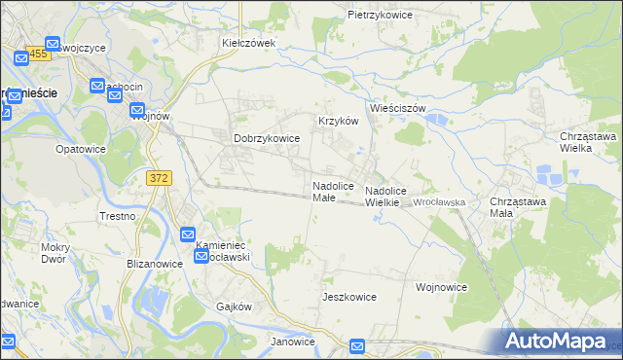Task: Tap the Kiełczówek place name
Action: (249, 43)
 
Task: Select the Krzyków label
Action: (339, 121)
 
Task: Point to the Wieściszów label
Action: (397, 108)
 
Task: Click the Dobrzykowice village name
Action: (266, 139)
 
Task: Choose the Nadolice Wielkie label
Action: (385, 197)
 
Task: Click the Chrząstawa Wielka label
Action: (589, 142)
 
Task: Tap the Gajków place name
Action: (234, 306)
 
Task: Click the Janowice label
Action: (292, 342)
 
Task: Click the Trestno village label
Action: (117, 216)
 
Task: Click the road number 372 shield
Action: (160, 178)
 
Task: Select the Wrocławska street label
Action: (439, 201)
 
